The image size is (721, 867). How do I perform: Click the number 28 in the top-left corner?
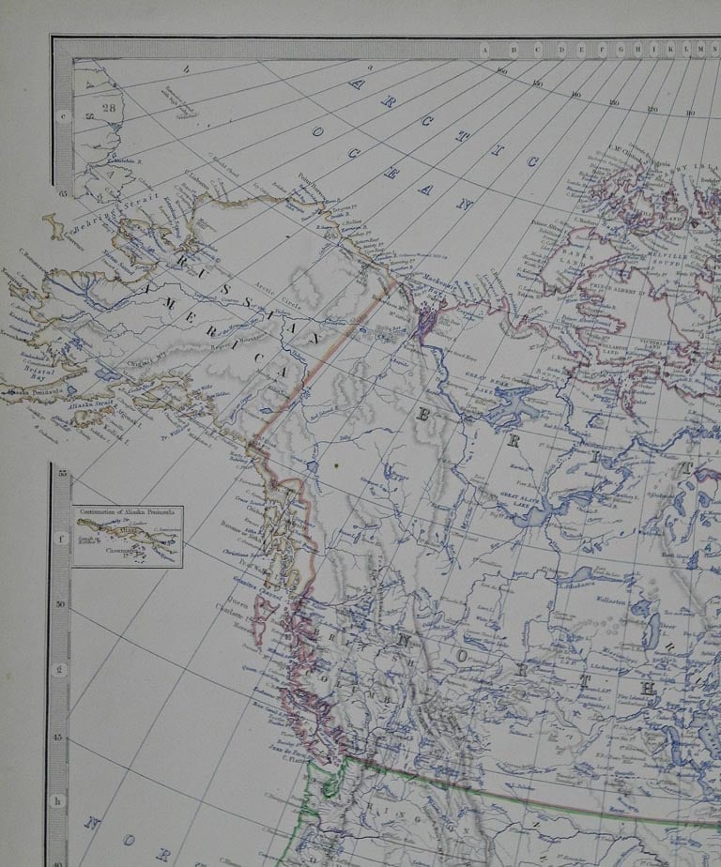[x=108, y=107]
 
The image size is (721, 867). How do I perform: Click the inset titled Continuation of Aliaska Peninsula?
[x=128, y=537]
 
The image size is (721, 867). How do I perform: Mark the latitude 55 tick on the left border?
[x=62, y=475]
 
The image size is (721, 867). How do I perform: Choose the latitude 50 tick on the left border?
[x=62, y=605]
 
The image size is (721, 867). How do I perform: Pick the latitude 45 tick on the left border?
[x=62, y=738]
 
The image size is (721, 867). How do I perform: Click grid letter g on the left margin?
[x=61, y=669]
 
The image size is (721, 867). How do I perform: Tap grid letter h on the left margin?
[x=61, y=800]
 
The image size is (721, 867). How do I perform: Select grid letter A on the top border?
[x=485, y=49]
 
